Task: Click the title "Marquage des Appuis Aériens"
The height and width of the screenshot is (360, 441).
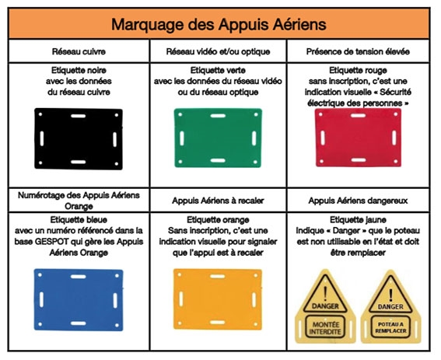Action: pyautogui.click(x=219, y=24)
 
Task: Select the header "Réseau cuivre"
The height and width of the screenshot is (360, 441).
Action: pyautogui.click(x=79, y=52)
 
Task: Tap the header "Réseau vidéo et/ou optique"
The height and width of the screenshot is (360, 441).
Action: pyautogui.click(x=218, y=52)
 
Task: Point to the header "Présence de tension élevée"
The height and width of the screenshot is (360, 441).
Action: pyautogui.click(x=358, y=52)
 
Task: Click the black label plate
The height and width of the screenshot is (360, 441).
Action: pyautogui.click(x=79, y=138)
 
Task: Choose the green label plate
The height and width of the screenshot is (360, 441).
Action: pyautogui.click(x=218, y=138)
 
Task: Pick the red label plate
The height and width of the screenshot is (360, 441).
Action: pyautogui.click(x=358, y=138)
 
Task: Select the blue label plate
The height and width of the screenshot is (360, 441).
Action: pyautogui.click(x=79, y=300)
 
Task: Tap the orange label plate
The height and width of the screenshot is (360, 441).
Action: pyautogui.click(x=218, y=299)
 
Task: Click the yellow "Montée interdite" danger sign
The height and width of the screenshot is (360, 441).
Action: pyautogui.click(x=325, y=307)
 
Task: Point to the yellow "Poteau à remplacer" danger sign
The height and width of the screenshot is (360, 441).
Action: pyautogui.click(x=390, y=307)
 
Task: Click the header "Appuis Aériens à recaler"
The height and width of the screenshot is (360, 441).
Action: pyautogui.click(x=218, y=201)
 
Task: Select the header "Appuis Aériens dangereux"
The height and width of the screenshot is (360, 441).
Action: pyautogui.click(x=358, y=201)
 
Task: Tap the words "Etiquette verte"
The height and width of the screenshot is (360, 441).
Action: pyautogui.click(x=218, y=70)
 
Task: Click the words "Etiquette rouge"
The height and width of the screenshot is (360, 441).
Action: pyautogui.click(x=358, y=70)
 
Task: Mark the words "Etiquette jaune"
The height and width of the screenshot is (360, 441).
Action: pyautogui.click(x=358, y=220)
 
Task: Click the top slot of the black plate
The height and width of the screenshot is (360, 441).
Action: pyautogui.click(x=79, y=116)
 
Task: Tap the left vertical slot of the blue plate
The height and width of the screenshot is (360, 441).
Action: pyautogui.click(x=42, y=300)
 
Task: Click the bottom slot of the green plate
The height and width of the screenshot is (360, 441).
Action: pyautogui.click(x=218, y=161)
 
